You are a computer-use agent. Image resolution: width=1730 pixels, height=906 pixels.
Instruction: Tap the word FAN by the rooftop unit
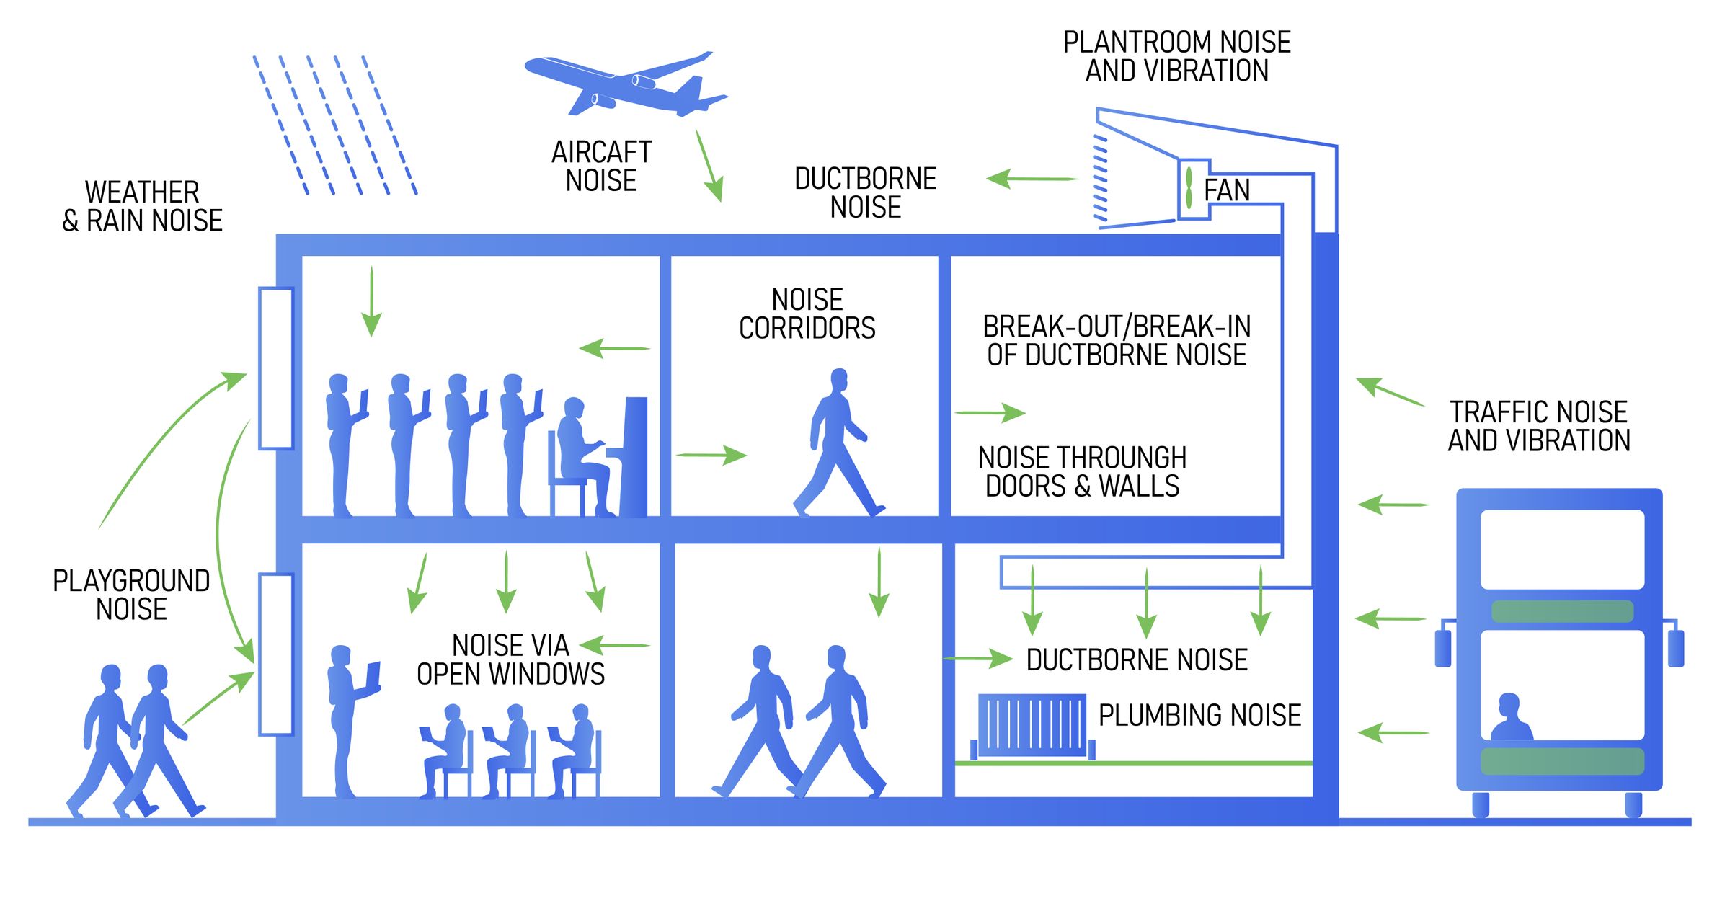1226,190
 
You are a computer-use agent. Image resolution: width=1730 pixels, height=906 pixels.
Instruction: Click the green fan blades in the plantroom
1189,188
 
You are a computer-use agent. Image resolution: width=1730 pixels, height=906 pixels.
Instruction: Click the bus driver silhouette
1510,718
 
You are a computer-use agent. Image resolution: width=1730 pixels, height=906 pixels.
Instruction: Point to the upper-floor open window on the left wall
276,368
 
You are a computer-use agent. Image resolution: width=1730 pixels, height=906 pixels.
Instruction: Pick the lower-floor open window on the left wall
276,654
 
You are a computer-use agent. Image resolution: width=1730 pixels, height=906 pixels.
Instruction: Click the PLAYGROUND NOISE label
131,595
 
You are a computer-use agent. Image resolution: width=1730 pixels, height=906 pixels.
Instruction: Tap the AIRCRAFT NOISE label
601,166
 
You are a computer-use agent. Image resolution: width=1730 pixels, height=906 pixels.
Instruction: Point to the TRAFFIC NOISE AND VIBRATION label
1539,426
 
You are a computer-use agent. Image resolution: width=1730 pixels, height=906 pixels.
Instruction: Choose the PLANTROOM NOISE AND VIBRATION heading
1176,56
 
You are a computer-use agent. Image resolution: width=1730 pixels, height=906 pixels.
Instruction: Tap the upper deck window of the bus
1562,549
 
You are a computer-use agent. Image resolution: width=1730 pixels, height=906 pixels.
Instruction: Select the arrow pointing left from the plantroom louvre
1032,179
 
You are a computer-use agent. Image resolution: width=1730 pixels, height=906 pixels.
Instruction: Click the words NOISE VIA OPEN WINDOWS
510,659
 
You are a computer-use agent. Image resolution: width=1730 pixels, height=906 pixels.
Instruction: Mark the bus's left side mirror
1443,648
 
